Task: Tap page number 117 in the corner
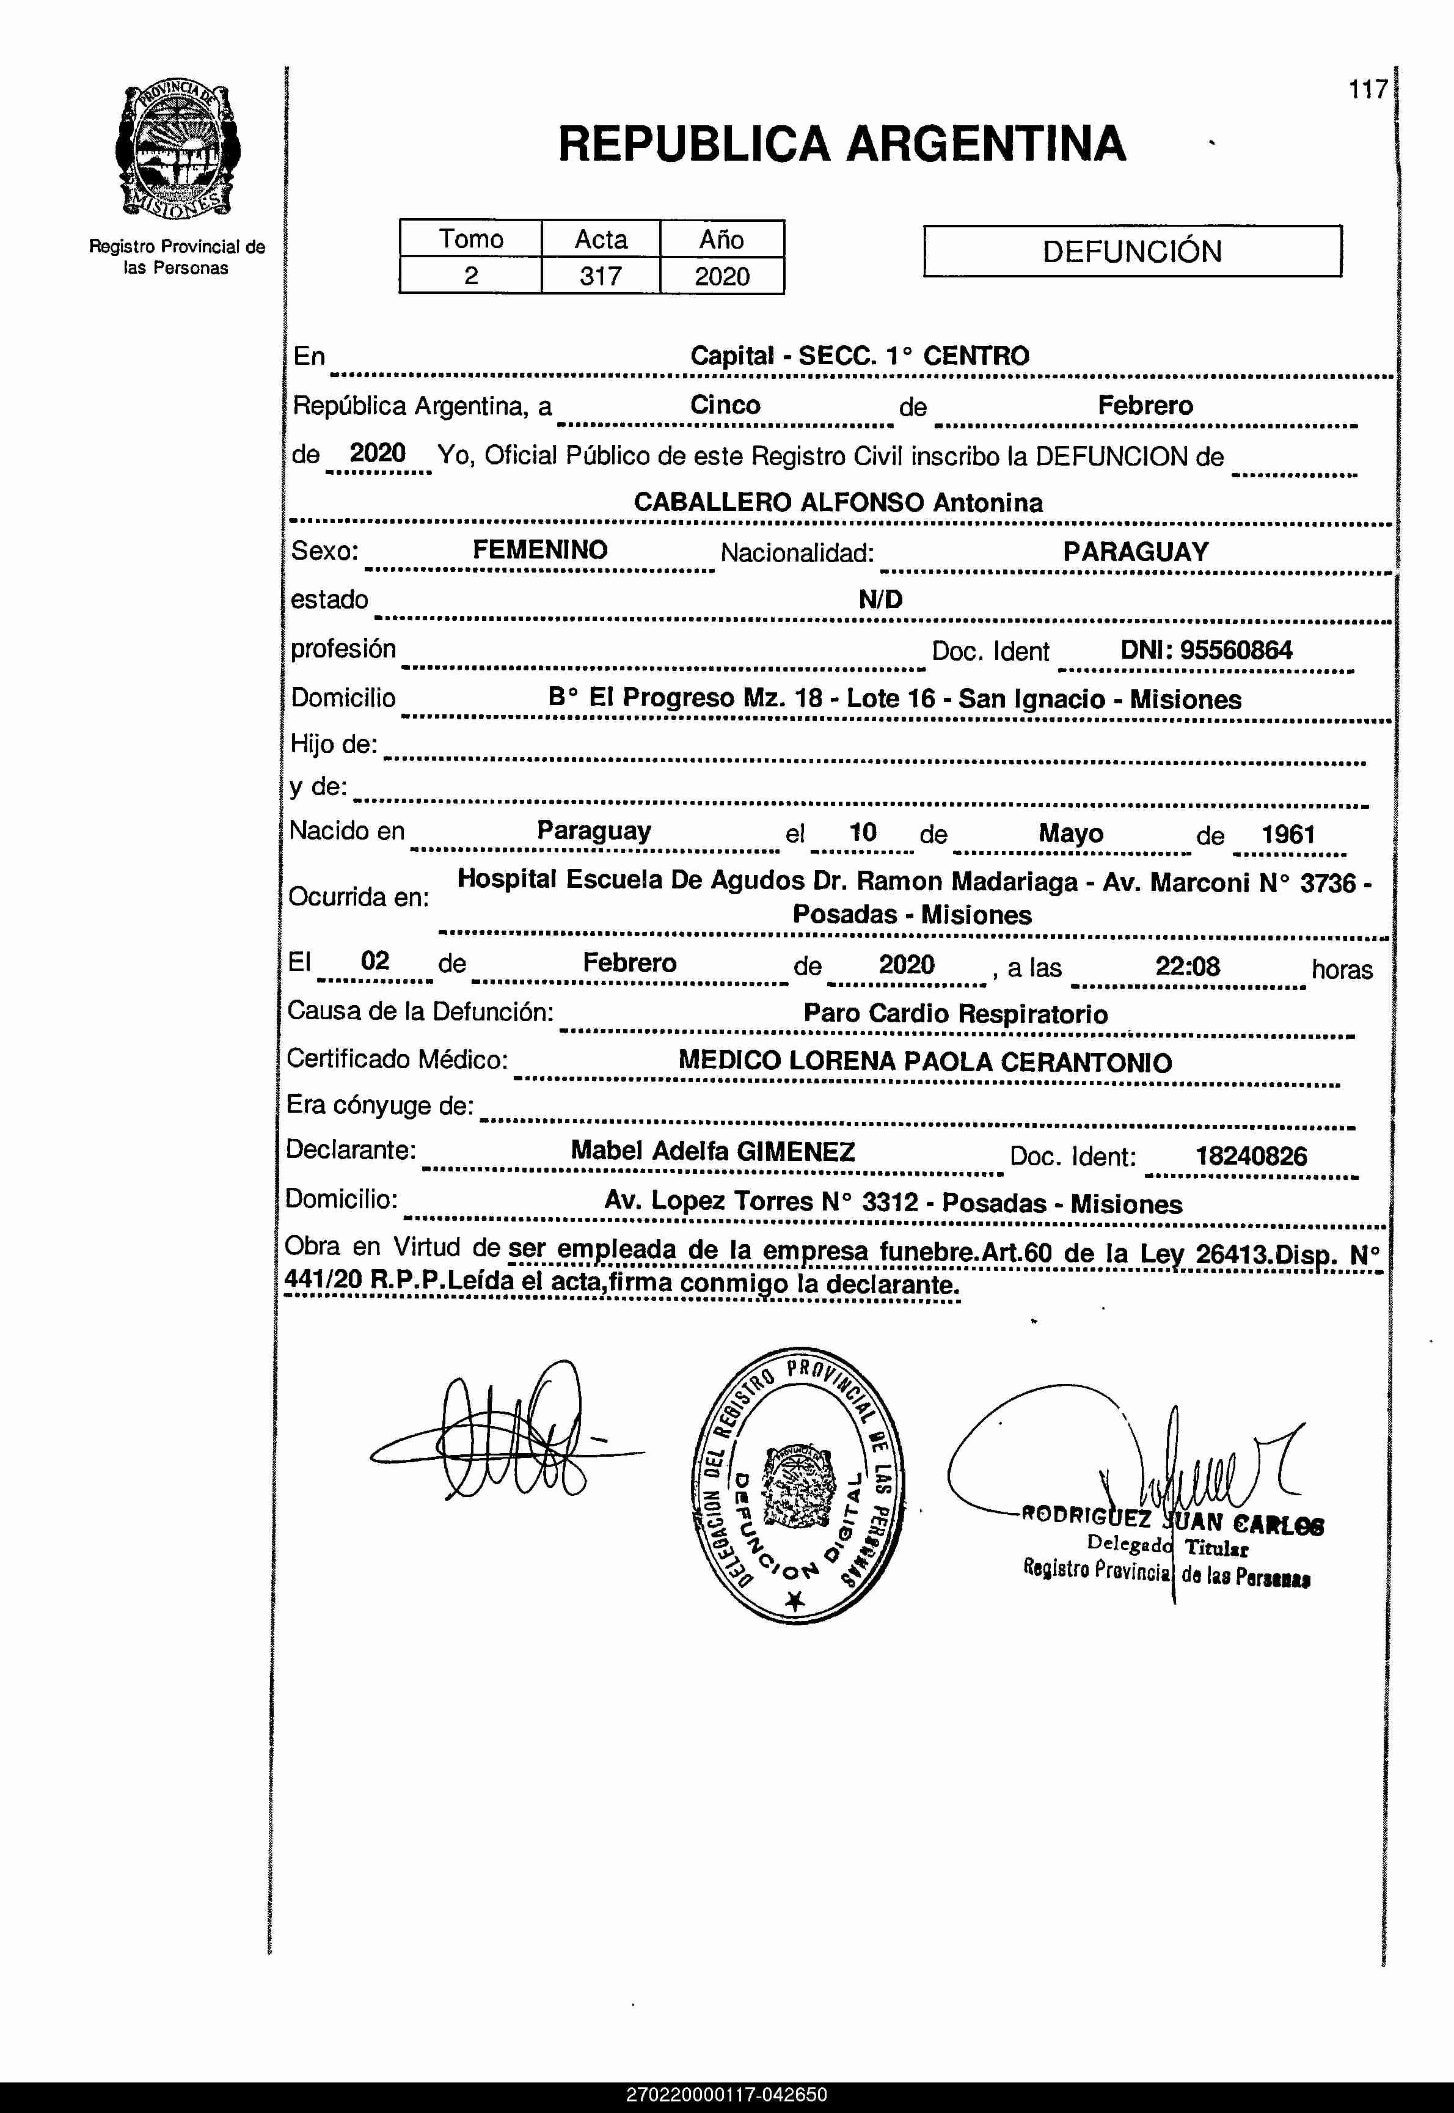click(1367, 89)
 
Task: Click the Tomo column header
click(471, 239)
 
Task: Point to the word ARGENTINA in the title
click(987, 144)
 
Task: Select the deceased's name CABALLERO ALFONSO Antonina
click(838, 502)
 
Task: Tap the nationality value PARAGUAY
click(1135, 551)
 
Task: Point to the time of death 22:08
click(1187, 966)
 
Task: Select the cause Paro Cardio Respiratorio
click(955, 1013)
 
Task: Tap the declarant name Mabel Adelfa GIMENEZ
click(712, 1151)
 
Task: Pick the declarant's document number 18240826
click(1251, 1156)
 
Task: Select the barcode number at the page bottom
click(726, 2095)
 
